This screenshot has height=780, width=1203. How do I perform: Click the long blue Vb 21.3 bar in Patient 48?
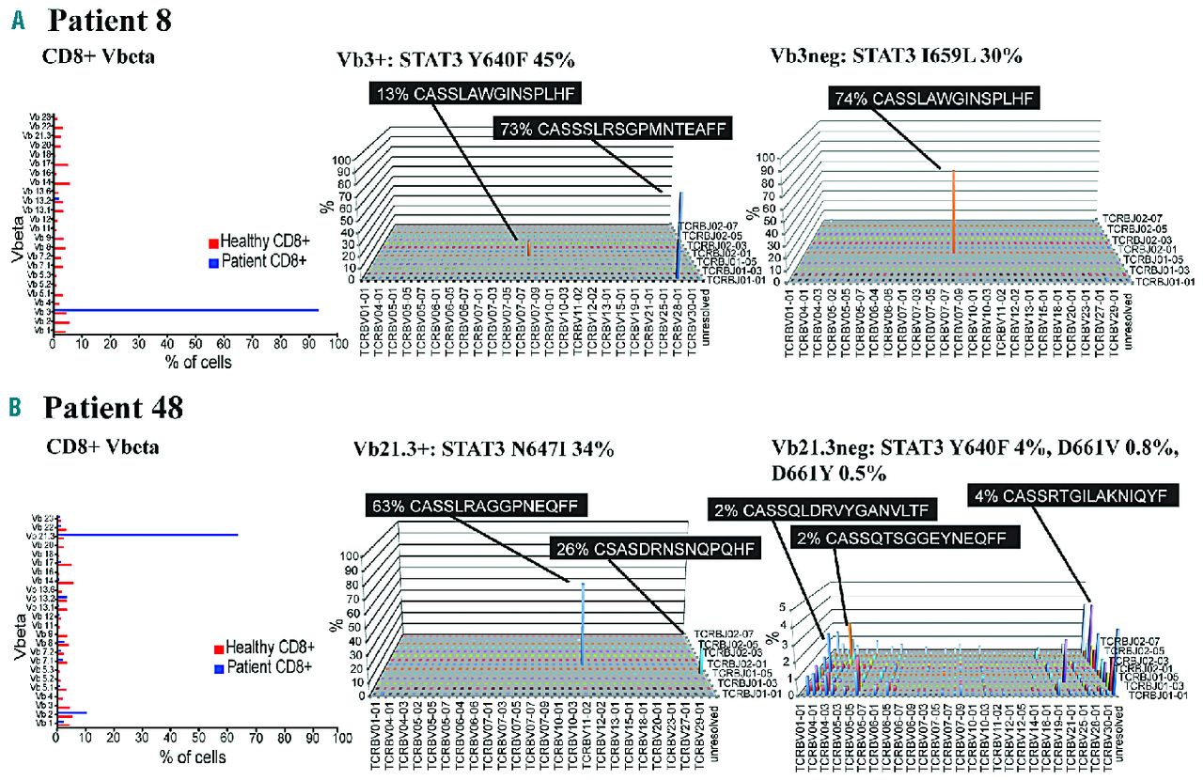[150, 535]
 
